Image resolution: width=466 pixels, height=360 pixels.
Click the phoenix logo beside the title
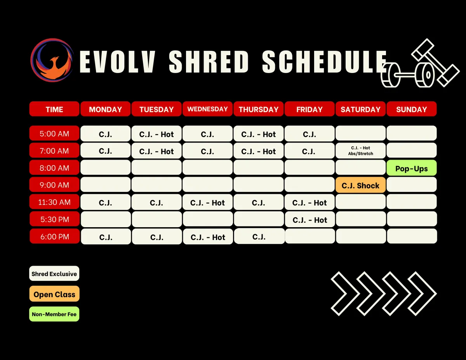(52, 60)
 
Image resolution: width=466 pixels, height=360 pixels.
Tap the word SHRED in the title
(209, 62)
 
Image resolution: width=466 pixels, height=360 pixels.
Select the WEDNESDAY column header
(207, 109)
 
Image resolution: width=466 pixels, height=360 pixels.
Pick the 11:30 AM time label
(54, 202)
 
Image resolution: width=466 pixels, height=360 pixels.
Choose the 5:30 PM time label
(55, 219)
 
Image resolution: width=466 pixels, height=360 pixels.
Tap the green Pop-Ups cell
(412, 168)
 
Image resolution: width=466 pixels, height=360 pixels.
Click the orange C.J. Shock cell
(360, 185)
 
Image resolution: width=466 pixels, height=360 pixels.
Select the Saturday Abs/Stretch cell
(360, 151)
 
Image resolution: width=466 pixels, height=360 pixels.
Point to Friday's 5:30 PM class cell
(310, 219)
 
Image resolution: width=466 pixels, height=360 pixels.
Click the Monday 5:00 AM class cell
(105, 134)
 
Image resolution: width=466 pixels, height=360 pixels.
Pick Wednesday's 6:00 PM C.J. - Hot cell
(208, 237)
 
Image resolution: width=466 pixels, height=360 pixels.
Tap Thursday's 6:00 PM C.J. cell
(259, 236)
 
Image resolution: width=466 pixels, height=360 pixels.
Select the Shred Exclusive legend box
(54, 273)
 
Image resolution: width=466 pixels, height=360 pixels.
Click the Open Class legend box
(54, 294)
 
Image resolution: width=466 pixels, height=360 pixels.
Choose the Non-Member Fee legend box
(54, 314)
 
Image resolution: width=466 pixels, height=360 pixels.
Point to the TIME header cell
(54, 109)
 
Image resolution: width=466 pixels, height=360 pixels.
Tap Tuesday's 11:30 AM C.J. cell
(156, 202)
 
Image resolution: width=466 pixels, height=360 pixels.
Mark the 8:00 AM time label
(54, 167)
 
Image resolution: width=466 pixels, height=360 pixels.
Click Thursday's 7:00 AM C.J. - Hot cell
(258, 151)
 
